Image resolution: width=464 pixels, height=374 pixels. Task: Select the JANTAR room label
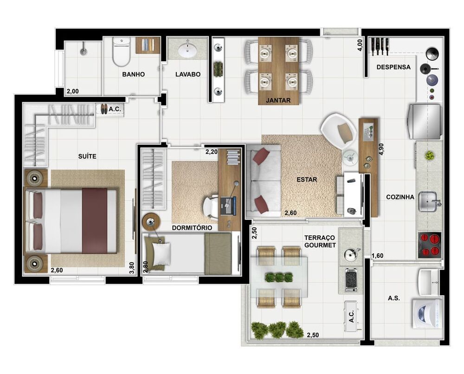click(x=278, y=100)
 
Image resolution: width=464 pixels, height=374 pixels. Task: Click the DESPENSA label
click(x=393, y=67)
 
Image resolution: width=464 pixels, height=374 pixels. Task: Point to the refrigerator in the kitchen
click(x=425, y=122)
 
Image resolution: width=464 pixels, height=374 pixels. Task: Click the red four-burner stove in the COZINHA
click(x=430, y=245)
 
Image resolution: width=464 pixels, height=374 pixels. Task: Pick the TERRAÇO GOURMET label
click(x=320, y=241)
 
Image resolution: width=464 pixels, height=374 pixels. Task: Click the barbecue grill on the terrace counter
click(x=351, y=279)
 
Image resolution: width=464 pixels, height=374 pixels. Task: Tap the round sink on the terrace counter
click(x=350, y=254)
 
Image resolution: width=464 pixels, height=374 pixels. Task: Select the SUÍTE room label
click(x=87, y=156)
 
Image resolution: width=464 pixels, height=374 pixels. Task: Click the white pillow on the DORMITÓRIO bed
click(x=161, y=254)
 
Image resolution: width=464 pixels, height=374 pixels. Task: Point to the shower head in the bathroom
click(x=84, y=47)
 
